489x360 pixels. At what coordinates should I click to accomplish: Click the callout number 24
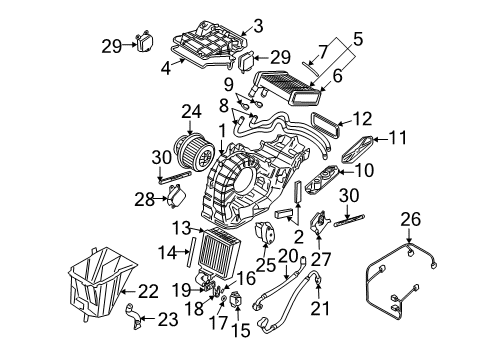pyautogui.click(x=191, y=112)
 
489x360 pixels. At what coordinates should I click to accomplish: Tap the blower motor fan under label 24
pyautogui.click(x=193, y=151)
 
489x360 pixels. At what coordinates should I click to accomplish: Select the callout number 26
pyautogui.click(x=411, y=220)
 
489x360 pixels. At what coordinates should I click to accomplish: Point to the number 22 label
pyautogui.click(x=148, y=292)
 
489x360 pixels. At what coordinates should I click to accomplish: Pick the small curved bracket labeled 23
pyautogui.click(x=133, y=316)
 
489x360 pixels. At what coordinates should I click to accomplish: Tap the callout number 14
pyautogui.click(x=168, y=253)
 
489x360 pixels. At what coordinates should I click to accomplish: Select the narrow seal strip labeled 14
pyautogui.click(x=190, y=251)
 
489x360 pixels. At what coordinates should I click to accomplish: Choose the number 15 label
pyautogui.click(x=240, y=330)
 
